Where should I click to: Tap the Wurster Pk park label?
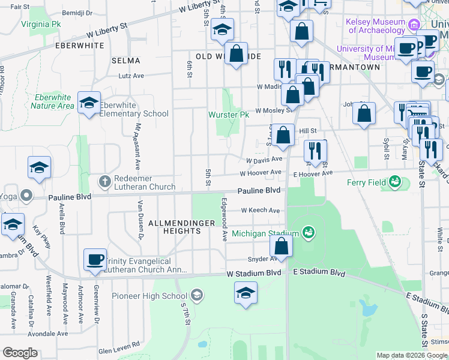pos(228,115)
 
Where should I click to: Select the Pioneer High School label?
pos(158,296)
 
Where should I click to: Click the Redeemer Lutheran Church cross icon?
pos(104,181)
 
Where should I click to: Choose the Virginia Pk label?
pos(41,25)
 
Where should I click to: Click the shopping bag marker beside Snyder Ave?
pos(281,246)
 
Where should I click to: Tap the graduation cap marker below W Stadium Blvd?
pos(246,294)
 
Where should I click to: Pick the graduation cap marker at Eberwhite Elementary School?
pos(89,104)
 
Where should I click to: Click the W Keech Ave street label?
pos(261,211)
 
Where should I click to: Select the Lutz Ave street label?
pos(131,76)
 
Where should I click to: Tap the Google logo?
pos(20,353)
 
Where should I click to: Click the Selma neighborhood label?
pos(126,61)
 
